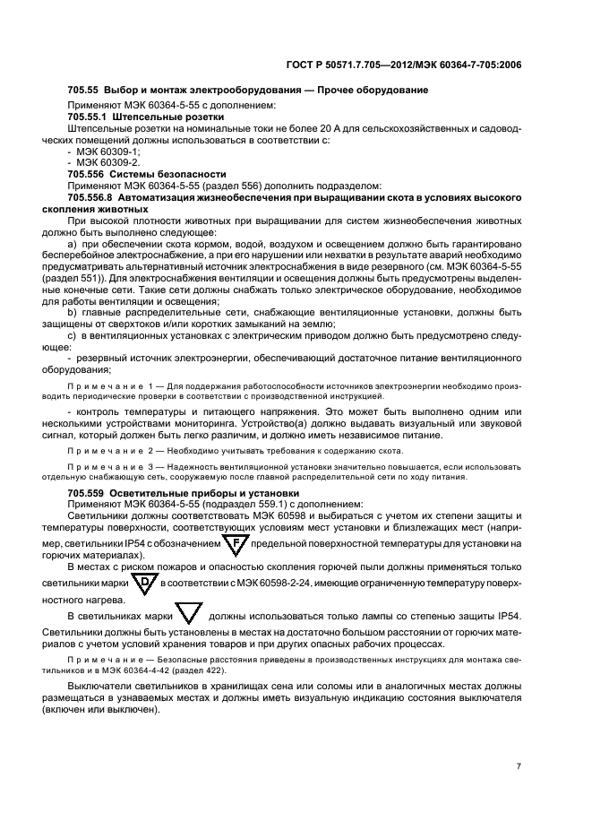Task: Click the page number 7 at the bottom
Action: [x=519, y=766]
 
